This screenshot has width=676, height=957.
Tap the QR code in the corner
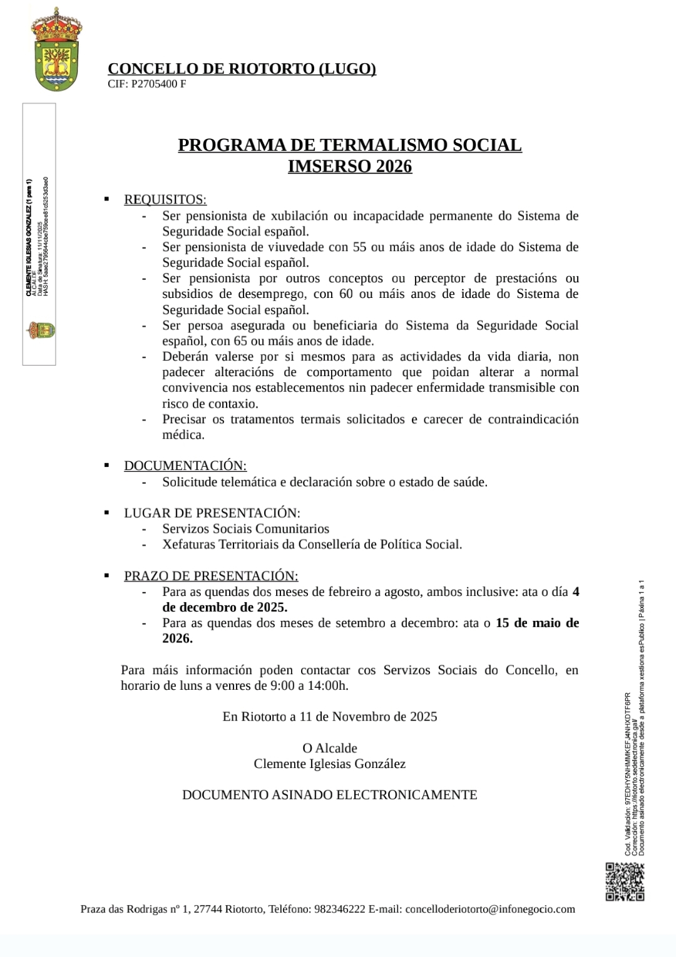coord(625,881)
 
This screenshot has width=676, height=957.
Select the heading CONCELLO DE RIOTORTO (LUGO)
coord(242,69)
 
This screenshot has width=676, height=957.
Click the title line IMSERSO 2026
coord(350,166)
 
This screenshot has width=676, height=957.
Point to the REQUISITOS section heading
coord(165,200)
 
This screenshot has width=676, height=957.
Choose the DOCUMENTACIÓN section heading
coord(185,466)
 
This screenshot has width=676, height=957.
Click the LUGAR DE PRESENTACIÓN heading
coord(212,513)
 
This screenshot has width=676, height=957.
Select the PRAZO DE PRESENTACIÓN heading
coord(211,576)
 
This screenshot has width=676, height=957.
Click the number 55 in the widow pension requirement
coord(359,247)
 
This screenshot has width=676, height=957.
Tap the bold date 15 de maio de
coord(537,623)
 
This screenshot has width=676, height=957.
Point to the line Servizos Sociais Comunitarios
coord(245,529)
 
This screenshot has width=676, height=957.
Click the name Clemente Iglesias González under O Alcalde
coord(330,764)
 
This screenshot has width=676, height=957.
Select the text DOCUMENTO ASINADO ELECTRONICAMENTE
coord(330,795)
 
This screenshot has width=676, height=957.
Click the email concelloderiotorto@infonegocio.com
coord(490,909)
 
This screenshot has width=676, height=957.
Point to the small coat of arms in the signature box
coord(41,330)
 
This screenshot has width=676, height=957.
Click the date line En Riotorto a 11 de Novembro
coord(330,717)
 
